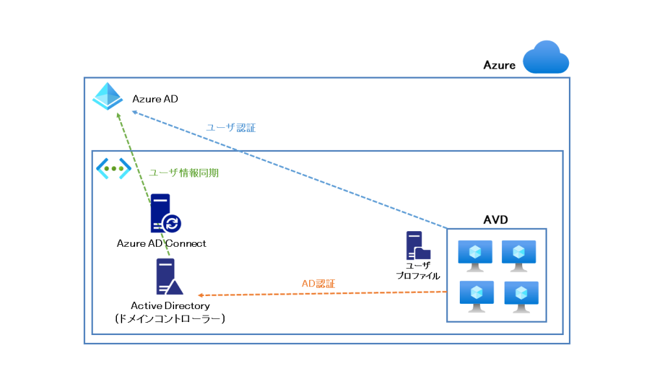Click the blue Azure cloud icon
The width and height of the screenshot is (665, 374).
pos(546,58)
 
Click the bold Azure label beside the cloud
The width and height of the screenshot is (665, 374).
pos(499,65)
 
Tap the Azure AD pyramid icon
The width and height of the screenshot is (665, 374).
pos(107,97)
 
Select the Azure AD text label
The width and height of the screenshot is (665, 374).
pos(155,99)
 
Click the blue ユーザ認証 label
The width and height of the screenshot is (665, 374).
pos(231,128)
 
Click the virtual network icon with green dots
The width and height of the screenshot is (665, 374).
pos(114,168)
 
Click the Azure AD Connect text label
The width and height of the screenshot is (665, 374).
pos(162,243)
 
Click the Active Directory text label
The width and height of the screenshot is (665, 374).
pos(170,305)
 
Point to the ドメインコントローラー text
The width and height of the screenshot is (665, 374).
pos(170,318)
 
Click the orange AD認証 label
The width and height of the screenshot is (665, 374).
pos(319,284)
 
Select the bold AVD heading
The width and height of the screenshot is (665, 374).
pos(496,220)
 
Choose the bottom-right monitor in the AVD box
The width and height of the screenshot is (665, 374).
pos(521,297)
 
